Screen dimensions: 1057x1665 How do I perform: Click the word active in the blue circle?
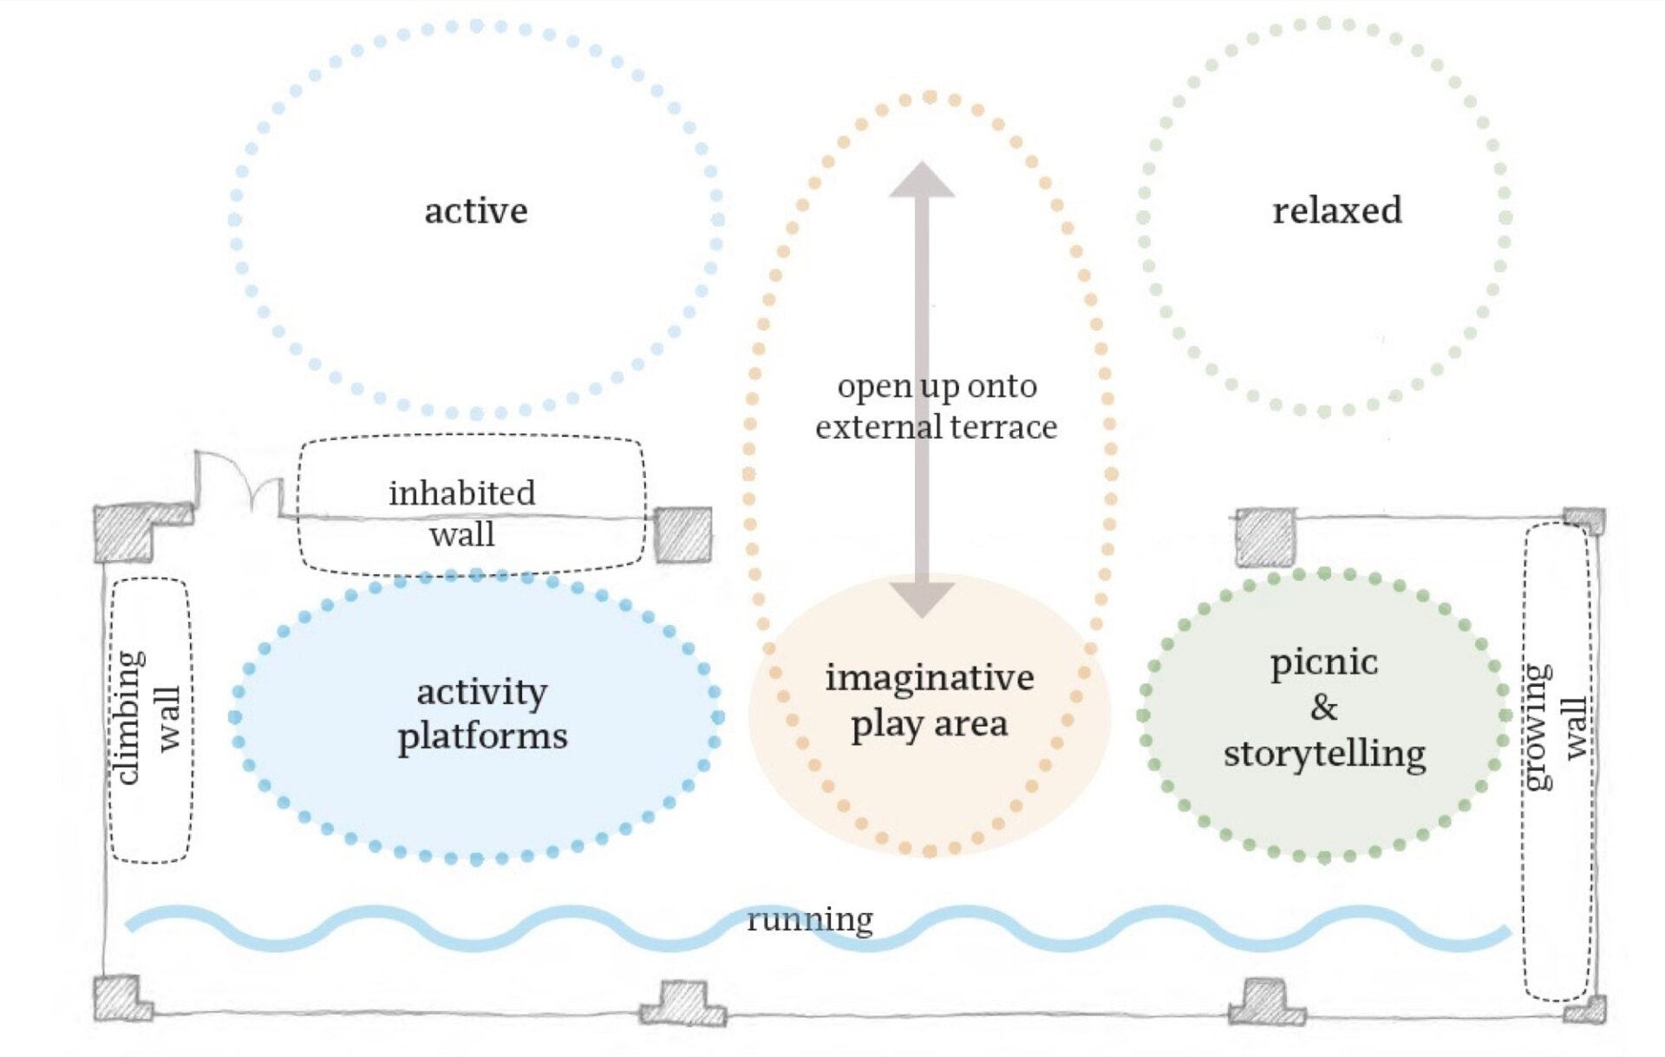coord(475,211)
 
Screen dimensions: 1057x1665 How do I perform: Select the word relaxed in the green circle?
coord(1336,211)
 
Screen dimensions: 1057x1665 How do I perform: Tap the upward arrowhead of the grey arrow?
coord(922,180)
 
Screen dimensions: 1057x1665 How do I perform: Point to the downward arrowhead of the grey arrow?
coord(922,599)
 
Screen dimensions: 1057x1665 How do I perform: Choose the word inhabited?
coord(461,493)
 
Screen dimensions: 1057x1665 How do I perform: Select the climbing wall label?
coord(147,718)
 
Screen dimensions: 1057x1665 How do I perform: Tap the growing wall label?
coord(1556,727)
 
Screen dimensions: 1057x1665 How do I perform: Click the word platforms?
coord(482,736)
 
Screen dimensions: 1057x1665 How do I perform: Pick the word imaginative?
coord(929,677)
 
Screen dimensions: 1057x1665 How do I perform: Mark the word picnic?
coord(1323,662)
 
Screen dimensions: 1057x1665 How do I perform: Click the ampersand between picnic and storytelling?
coord(1323,708)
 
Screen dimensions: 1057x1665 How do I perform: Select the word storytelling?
coord(1324,754)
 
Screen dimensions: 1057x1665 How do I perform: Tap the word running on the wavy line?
coord(810,919)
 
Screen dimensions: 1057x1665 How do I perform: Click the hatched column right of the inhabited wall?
coord(683,535)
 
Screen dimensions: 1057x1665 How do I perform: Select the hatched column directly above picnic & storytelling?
coord(1265,538)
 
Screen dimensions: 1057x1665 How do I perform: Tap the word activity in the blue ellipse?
coord(481,692)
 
